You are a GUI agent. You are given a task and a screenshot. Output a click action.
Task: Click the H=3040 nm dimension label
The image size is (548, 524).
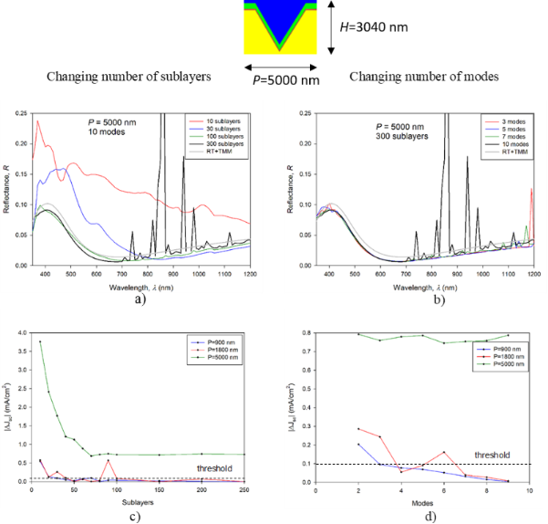pos(368,28)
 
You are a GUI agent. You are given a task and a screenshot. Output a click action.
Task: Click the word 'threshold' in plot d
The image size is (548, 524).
pos(491,454)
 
